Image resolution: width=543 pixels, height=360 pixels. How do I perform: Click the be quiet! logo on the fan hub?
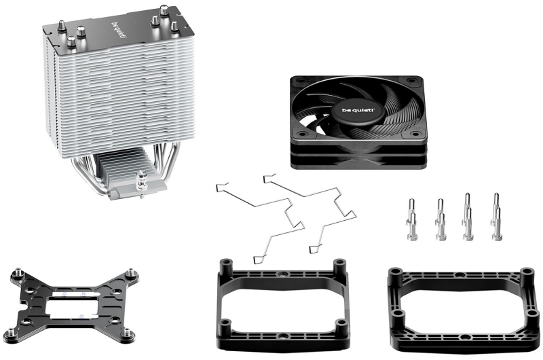pos(358,111)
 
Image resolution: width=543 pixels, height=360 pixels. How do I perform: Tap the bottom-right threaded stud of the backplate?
pos(128,334)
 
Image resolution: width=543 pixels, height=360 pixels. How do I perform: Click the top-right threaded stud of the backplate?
pos(132,273)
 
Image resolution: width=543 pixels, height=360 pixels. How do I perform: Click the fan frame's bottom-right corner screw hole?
pos(414,133)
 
